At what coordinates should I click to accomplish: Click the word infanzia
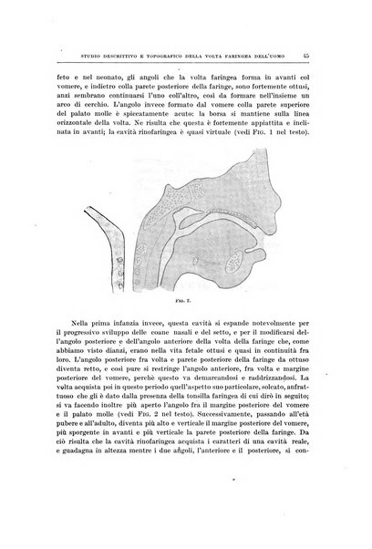[128, 323]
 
